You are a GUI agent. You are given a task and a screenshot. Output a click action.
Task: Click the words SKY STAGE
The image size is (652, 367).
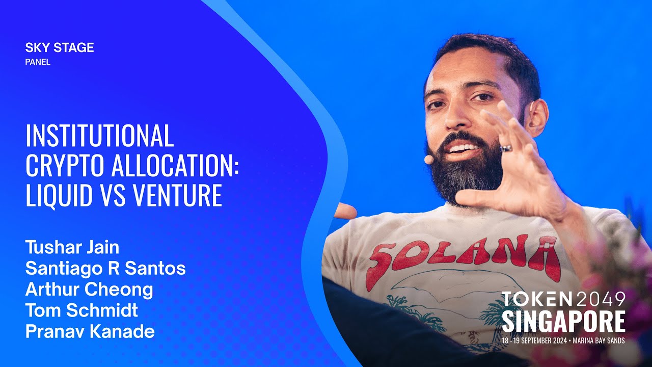(x=60, y=48)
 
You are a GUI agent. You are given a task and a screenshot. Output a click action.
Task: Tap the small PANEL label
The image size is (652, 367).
(x=38, y=62)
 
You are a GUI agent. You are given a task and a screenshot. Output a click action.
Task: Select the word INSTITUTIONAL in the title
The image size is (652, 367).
(x=100, y=136)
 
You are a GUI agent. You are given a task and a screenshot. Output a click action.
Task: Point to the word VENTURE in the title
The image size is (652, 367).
(x=180, y=195)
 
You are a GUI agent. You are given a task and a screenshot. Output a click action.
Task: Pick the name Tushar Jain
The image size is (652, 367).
(x=72, y=248)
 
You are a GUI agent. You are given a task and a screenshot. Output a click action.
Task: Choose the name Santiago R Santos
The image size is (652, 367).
(x=105, y=269)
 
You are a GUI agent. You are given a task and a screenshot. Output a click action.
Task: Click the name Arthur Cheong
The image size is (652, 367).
(x=89, y=290)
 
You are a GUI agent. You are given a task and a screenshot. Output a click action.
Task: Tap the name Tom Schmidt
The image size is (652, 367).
(x=81, y=310)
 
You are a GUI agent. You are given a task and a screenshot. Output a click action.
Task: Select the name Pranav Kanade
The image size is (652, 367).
(x=90, y=332)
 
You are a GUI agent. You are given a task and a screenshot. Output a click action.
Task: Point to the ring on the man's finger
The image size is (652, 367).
(x=505, y=148)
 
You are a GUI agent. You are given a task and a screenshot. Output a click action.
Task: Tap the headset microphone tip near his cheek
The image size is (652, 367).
(x=429, y=160)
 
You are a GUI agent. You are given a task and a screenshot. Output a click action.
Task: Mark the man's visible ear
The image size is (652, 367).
(x=536, y=116)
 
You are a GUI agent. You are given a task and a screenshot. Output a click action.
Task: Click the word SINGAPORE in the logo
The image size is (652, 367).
(x=563, y=322)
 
